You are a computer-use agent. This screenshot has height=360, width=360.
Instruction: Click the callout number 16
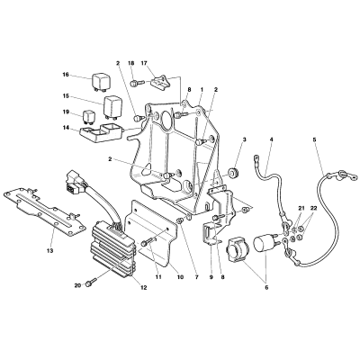66,75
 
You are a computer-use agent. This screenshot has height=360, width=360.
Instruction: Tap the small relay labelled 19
90,117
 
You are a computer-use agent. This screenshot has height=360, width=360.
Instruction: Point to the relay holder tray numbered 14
101,133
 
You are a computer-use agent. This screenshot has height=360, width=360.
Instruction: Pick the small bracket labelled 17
159,81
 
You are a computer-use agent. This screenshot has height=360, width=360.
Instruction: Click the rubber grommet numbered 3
233,173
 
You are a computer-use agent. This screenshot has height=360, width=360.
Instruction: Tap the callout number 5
314,139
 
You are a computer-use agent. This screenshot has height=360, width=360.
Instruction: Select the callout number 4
271,139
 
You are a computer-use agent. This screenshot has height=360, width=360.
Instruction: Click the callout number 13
49,250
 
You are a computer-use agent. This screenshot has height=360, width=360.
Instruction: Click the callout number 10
180,277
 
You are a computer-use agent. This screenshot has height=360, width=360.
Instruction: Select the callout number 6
266,288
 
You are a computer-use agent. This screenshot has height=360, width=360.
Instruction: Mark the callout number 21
301,208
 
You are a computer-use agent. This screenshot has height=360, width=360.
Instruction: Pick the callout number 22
313,208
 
